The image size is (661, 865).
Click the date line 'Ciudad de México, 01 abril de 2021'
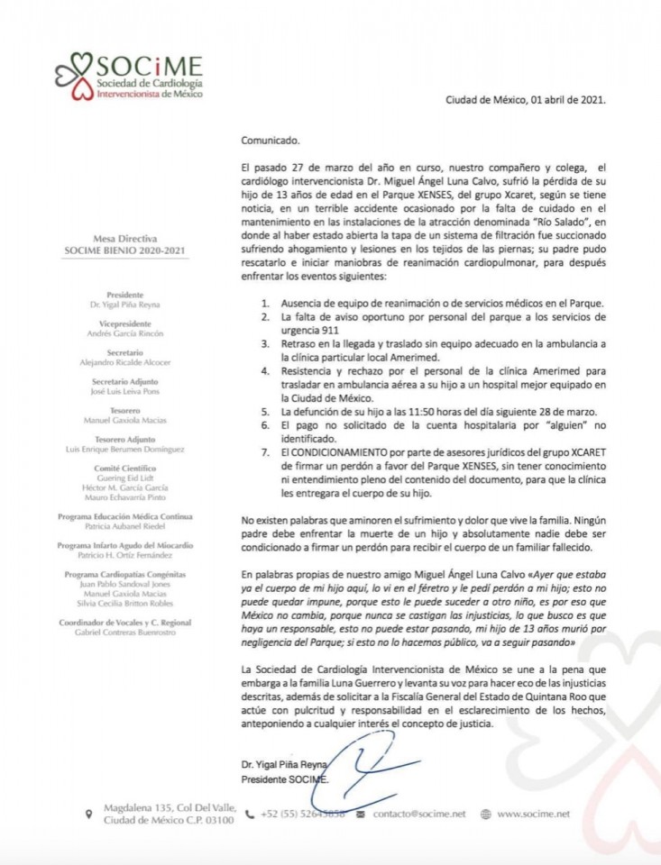525,100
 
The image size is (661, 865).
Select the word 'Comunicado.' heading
269,141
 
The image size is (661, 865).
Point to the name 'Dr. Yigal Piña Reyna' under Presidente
133,305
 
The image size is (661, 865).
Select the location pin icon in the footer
87,814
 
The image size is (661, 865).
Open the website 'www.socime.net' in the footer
533,814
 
